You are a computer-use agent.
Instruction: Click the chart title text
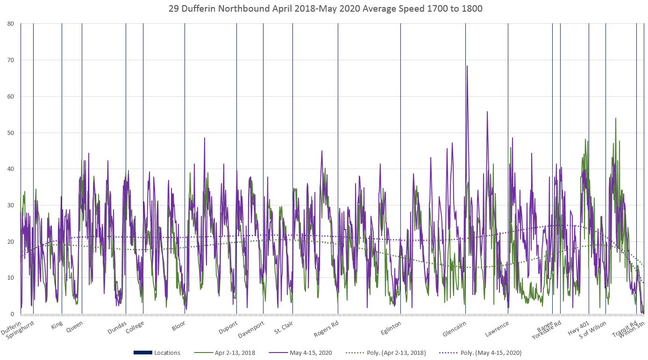pos(323,8)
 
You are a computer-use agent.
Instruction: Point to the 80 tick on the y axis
pos(10,24)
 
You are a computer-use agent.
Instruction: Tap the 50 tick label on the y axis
pos(10,133)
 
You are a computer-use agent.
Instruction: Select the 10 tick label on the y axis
pos(10,278)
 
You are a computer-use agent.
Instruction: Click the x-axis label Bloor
pos(178,326)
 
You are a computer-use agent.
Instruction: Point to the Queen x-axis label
pos(75,326)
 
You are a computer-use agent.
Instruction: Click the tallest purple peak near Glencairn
pos(467,66)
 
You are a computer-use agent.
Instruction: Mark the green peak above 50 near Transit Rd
pos(616,119)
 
